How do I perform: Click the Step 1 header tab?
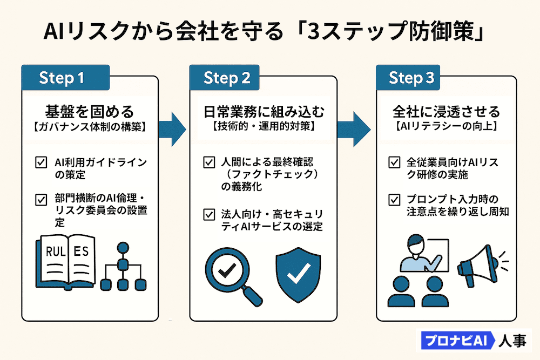[x=65, y=78]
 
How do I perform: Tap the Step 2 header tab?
[x=227, y=78]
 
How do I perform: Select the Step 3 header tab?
[x=411, y=78]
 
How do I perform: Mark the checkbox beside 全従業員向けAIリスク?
[x=395, y=161]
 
